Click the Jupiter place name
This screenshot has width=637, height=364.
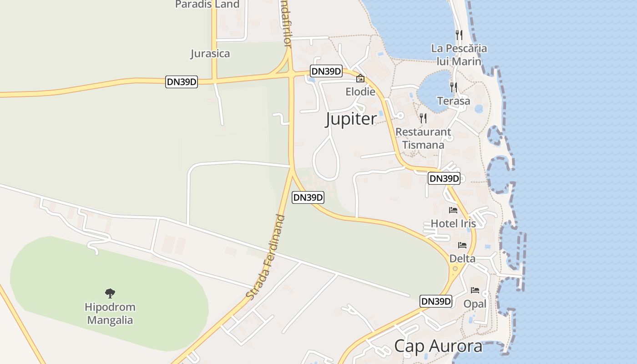pos(351,119)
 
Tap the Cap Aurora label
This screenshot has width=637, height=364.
pos(438,346)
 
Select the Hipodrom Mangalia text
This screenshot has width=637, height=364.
pos(110,313)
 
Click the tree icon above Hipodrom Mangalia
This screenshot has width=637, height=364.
pos(110,293)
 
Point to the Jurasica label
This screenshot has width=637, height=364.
pos(210,54)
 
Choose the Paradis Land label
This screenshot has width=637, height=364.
pos(207,5)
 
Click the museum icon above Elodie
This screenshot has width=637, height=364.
pos(360,78)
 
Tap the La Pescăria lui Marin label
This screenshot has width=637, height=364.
pos(459,55)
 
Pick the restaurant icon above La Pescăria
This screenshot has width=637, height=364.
pos(459,35)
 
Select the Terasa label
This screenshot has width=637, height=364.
pos(454,101)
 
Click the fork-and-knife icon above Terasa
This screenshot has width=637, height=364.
pos(453,87)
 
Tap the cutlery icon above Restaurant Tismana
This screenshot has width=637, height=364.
pos(423,118)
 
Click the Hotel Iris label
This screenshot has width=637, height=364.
pos(453,223)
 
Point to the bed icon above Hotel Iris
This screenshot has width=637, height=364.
pos(453,210)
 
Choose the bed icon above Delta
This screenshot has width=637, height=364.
pos(462,245)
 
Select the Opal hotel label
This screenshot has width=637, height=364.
pos(475,303)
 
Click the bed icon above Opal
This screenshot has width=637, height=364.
pos(475,290)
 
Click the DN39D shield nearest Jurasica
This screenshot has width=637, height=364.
pos(182,82)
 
